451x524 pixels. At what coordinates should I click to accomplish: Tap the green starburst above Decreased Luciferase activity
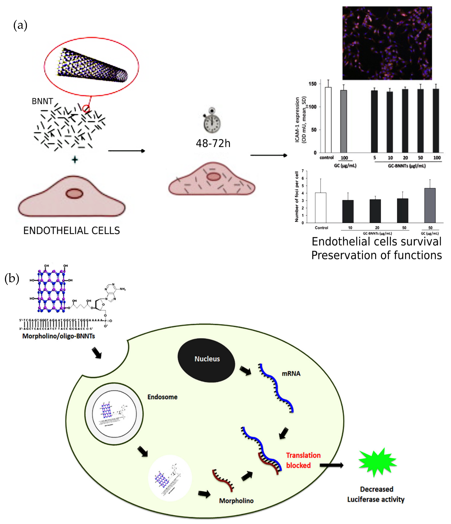click(377, 463)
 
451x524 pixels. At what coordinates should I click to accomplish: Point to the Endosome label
click(162, 397)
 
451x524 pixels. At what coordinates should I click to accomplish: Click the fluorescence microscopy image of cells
click(387, 43)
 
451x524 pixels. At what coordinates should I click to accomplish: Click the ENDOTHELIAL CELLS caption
click(72, 231)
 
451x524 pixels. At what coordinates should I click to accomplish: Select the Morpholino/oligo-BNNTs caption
click(59, 336)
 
